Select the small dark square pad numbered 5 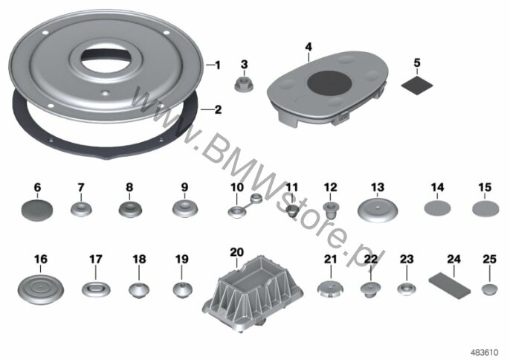tap(417, 85)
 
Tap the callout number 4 tap(309, 47)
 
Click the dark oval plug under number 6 tap(36, 210)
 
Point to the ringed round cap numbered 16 tap(40, 289)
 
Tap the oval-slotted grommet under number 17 tap(96, 289)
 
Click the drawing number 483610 tap(485, 353)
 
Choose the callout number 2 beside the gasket tap(218, 109)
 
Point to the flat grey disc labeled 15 tap(485, 208)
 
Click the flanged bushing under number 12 tap(330, 209)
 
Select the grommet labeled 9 tap(185, 209)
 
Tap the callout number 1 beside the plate tap(218, 65)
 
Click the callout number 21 tap(330, 259)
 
